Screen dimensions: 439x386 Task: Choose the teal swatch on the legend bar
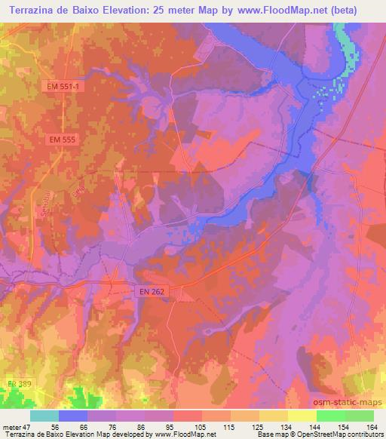pos(44,416)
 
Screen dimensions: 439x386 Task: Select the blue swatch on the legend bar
pos(72,416)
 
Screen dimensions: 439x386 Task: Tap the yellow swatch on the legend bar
pos(302,416)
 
